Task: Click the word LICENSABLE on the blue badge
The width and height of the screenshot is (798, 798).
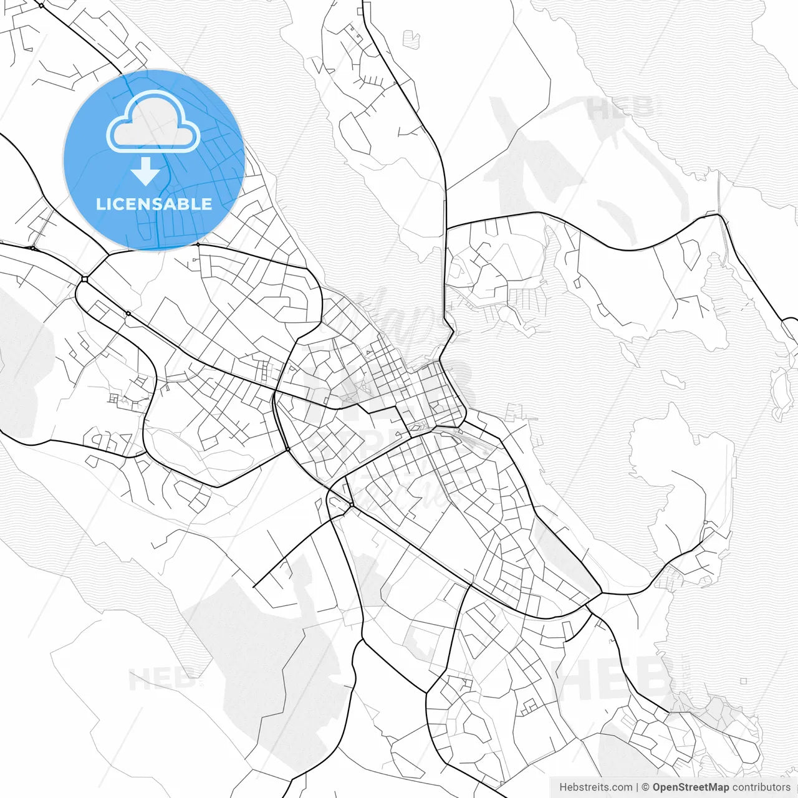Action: point(153,204)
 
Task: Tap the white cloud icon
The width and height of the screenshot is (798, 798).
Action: point(153,122)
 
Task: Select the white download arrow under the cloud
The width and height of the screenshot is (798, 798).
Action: point(146,171)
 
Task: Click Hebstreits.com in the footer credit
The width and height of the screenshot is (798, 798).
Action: point(595,787)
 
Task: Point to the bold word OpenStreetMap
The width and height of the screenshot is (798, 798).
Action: point(690,787)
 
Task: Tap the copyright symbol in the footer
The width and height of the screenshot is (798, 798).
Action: point(646,787)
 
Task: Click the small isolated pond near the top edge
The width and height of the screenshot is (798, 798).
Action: point(411,39)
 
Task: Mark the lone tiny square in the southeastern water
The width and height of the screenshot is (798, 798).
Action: point(744,681)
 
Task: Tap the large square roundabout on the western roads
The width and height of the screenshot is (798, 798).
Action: point(84,279)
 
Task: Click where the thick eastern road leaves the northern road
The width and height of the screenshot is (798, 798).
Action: point(446,228)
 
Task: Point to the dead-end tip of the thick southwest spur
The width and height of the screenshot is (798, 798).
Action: point(254,587)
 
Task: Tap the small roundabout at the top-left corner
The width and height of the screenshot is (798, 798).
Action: point(41,6)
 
